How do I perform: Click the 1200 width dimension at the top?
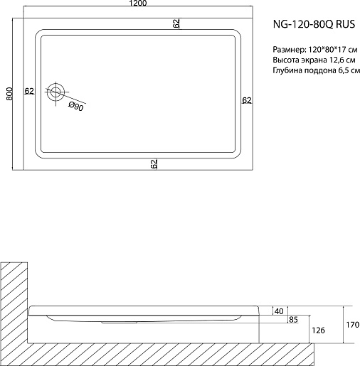coord(138,3)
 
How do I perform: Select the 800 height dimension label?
coord(9,94)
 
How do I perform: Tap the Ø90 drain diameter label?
coord(76,107)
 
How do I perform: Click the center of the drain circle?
coord(55,92)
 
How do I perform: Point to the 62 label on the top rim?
coord(176,23)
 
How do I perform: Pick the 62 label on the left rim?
coord(29,91)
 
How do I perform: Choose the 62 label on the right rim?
coord(247,100)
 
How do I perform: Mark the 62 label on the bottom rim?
coord(154,163)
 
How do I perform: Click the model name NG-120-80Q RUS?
coord(314,24)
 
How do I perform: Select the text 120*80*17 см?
coord(333,50)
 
